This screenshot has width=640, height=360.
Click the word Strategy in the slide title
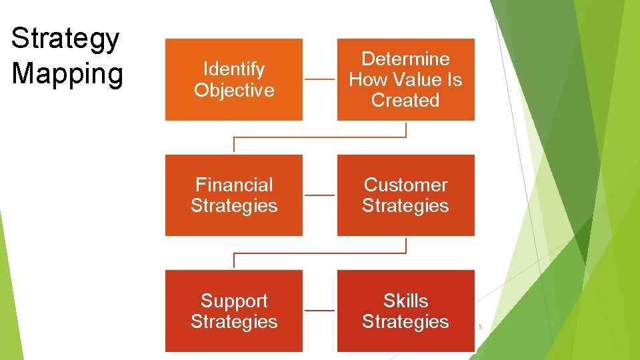65,39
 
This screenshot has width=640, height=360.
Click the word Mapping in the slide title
67,73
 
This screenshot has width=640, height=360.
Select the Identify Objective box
234,79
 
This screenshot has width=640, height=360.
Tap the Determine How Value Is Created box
405,79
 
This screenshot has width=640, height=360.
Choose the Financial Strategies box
234,195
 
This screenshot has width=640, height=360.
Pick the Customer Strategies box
405,195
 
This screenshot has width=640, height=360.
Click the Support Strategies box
234,311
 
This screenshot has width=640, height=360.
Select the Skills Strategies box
405,311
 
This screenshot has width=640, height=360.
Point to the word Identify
234,69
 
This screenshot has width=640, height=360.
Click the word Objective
234,90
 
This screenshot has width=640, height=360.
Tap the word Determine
405,59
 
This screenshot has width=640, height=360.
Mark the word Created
405,101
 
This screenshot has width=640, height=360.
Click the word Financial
234,185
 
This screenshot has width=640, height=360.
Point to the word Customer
405,185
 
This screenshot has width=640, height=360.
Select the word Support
234,301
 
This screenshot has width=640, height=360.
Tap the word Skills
405,301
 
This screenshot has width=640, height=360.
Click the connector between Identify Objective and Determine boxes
320,80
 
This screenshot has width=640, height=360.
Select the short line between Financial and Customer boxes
320,195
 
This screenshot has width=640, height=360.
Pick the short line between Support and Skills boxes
320,311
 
